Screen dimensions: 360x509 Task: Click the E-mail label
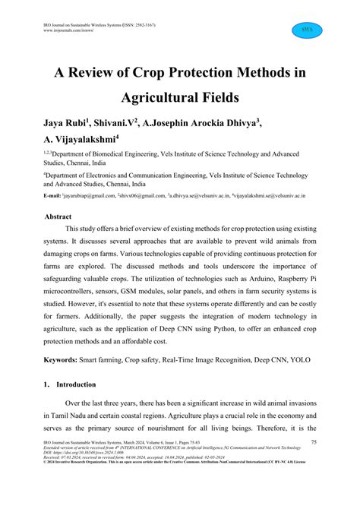(52, 196)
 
